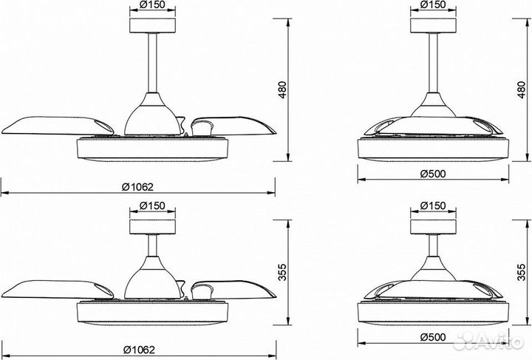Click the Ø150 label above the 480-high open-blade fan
(152, 4)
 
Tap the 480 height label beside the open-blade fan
(282, 90)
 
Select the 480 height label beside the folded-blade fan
(522, 90)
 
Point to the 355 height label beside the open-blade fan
(282, 273)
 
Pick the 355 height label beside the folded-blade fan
(522, 273)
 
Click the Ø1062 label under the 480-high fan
(138, 186)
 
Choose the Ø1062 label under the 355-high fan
(139, 350)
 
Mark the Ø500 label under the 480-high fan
(433, 174)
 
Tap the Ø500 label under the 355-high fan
(433, 337)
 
